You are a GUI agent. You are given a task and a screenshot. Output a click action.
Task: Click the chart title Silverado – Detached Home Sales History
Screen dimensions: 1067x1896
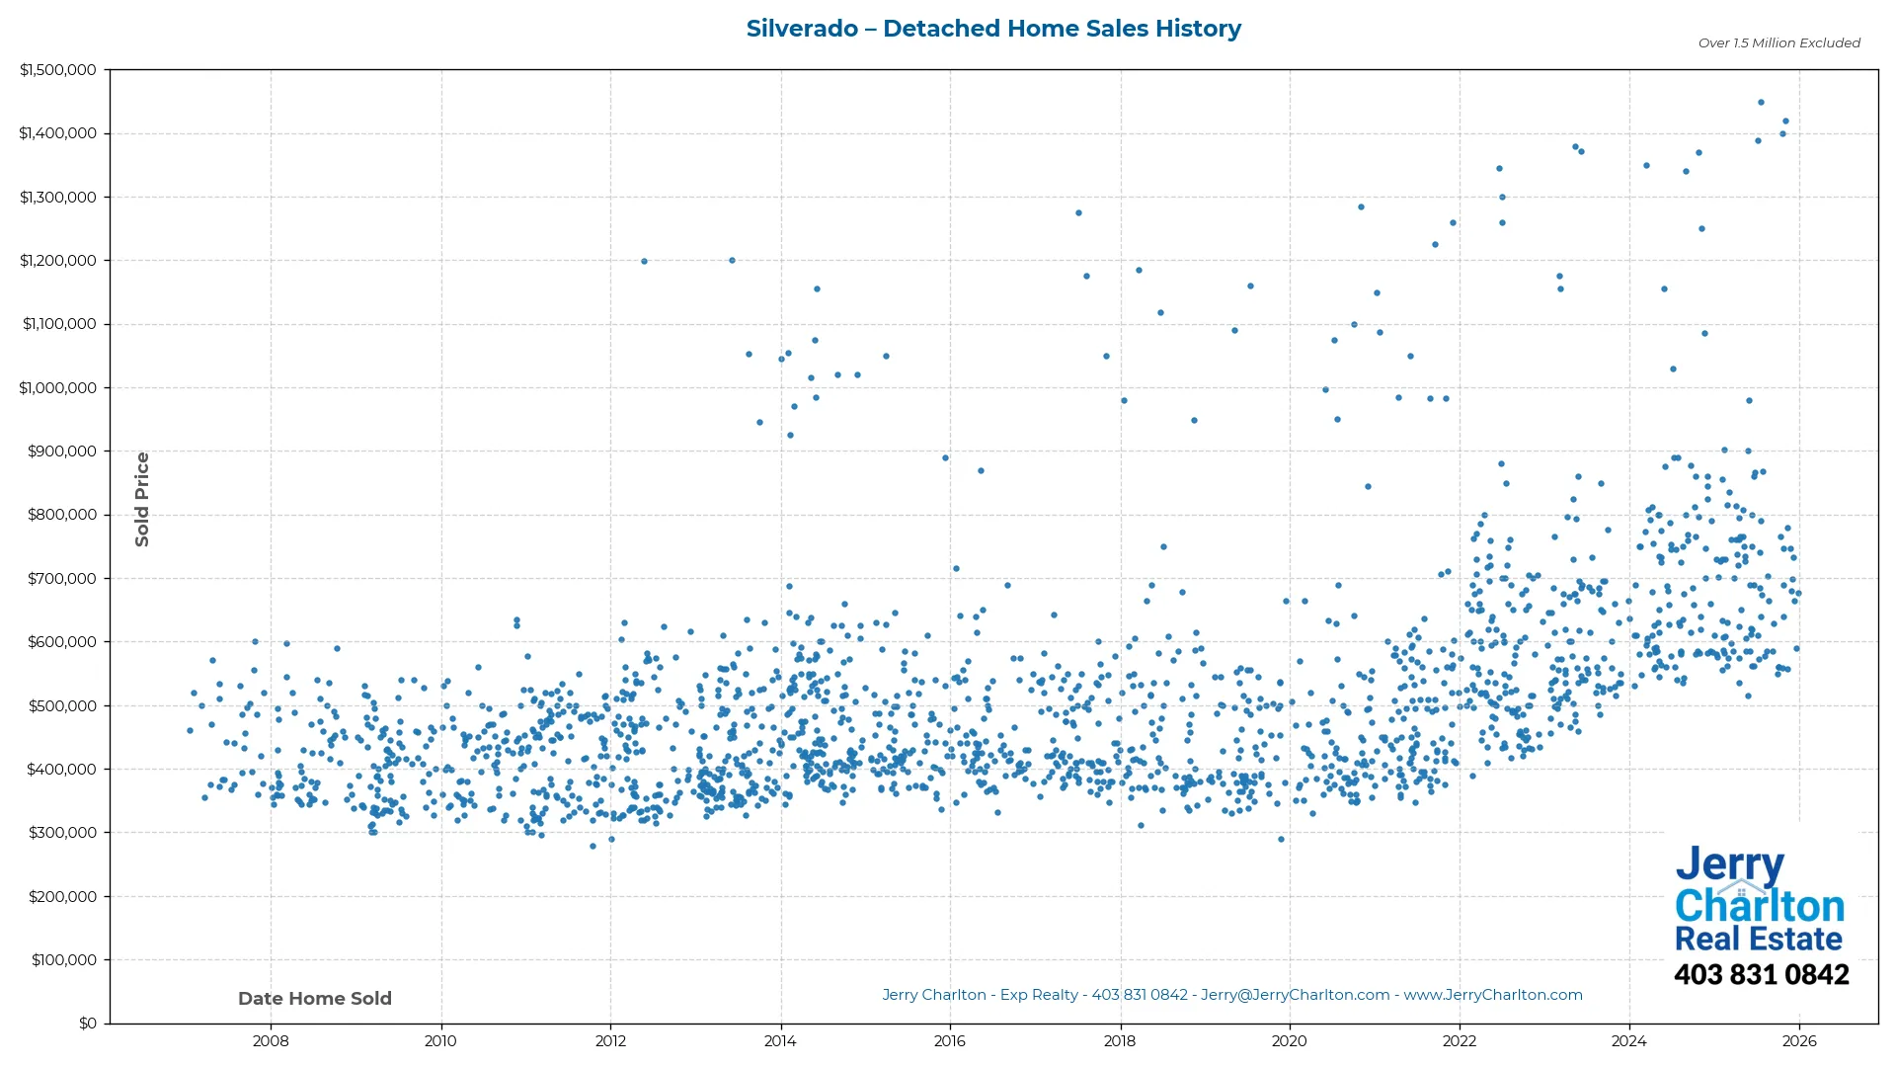[x=993, y=29]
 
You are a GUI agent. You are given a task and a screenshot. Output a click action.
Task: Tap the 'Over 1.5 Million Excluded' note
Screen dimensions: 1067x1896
[x=1778, y=43]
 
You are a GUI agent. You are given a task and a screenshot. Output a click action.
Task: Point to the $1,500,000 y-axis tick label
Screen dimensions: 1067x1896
[x=58, y=70]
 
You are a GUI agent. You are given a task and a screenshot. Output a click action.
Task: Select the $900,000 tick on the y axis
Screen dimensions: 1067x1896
[x=62, y=451]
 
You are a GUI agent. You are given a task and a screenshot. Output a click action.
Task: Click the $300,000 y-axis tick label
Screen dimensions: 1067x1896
[x=62, y=833]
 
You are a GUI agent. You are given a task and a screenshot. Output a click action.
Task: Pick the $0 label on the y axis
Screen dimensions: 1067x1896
[x=88, y=1024]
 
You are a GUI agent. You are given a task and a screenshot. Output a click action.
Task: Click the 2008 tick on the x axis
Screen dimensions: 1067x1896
[x=271, y=1041]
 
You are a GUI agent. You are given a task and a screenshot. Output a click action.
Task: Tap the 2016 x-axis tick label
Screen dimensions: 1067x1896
[x=950, y=1041]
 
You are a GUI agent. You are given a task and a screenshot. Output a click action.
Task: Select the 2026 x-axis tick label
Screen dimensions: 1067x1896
[x=1799, y=1041]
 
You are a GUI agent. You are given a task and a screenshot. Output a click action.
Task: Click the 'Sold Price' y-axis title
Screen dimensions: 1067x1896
[x=142, y=499]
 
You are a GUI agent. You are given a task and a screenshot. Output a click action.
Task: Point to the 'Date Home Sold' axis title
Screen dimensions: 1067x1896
[x=315, y=999]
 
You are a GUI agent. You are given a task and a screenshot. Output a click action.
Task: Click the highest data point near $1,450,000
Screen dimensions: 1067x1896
[x=1761, y=103]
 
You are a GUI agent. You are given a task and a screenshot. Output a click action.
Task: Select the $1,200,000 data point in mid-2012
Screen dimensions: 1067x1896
[x=644, y=262]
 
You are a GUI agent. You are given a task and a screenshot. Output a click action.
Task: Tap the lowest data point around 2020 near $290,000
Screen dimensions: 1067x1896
[x=1282, y=840]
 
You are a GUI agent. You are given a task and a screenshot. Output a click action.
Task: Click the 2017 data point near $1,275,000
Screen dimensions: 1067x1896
[x=1078, y=213]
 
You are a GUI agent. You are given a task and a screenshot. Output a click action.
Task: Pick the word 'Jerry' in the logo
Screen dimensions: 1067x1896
[x=1729, y=865]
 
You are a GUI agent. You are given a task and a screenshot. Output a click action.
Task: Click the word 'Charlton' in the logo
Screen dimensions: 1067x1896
[x=1760, y=906]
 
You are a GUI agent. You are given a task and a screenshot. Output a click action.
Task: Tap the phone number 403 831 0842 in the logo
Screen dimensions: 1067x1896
[x=1761, y=975]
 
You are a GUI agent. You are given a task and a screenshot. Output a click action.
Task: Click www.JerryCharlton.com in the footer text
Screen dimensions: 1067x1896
[x=1493, y=995]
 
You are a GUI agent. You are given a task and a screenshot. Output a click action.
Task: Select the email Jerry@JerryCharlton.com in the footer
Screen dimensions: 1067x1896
[x=1295, y=995]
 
